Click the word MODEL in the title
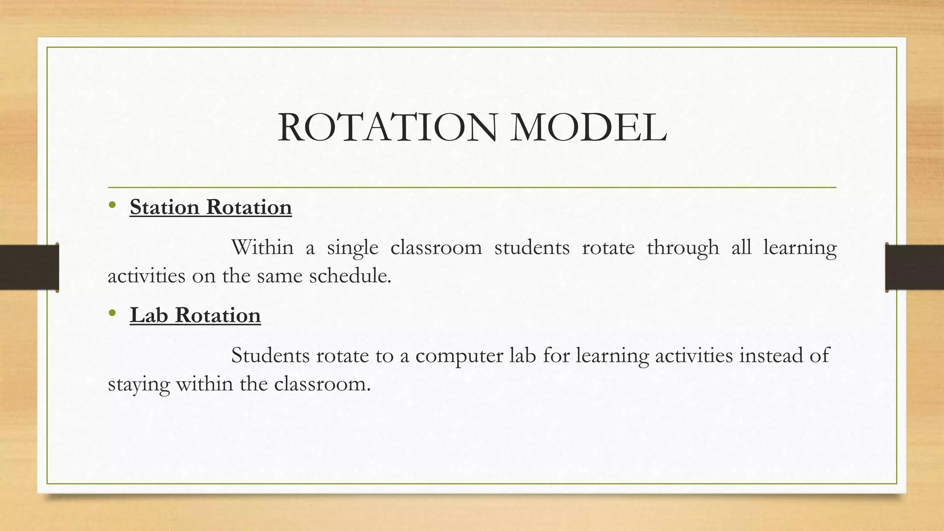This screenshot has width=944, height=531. pos(589,128)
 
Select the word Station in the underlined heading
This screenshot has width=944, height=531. pos(165,207)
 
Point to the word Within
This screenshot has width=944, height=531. pos(262,248)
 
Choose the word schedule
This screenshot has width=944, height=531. pos(350,276)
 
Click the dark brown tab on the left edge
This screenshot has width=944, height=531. pos(29,267)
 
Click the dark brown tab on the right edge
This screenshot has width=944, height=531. pos(914,267)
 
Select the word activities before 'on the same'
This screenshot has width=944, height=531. pos(146,276)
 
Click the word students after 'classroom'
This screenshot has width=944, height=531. pos(532,248)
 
